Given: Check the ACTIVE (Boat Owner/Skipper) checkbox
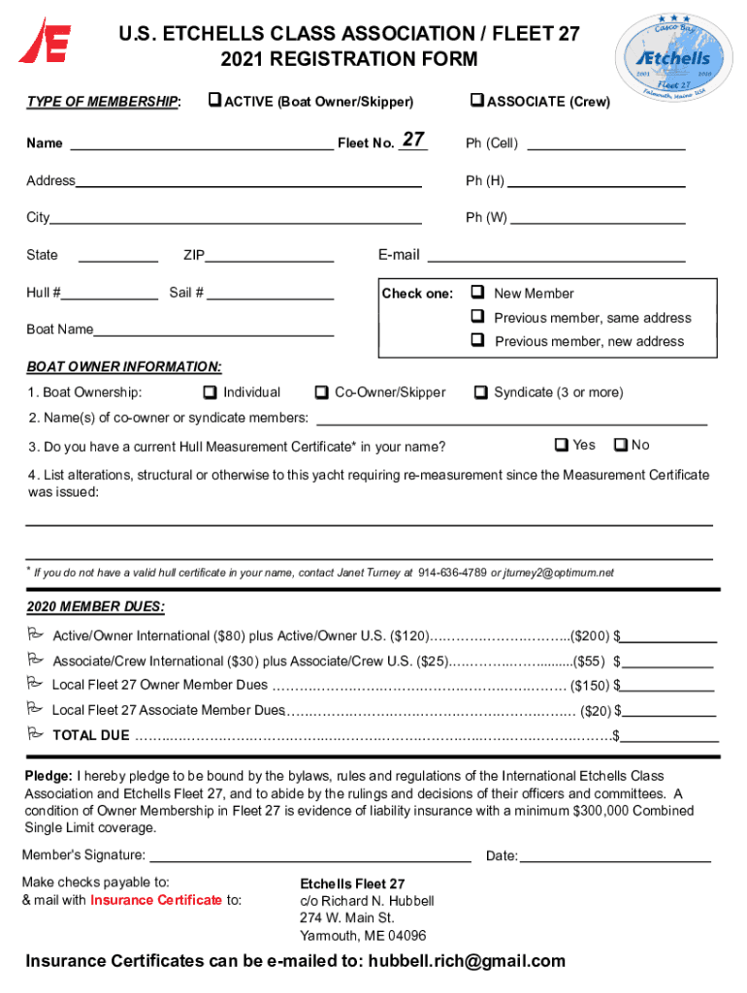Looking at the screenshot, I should pos(215,101).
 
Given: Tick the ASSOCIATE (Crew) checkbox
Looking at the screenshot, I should pos(475,101).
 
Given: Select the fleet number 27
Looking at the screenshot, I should pos(413,141).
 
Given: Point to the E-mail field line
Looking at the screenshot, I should pos(556,260).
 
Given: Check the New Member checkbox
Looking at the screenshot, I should pos(477,293).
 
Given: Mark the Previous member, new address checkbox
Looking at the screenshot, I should pos(477,340).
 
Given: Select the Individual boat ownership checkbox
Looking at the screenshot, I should pos(210,393).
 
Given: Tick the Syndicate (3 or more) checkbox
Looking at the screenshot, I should pos(480,393).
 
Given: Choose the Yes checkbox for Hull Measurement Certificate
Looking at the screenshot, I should pos(561,445).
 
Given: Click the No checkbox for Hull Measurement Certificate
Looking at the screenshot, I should pos(620,445).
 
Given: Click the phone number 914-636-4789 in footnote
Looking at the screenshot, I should pos(452,573).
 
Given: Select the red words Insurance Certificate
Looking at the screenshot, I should pos(156,900).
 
